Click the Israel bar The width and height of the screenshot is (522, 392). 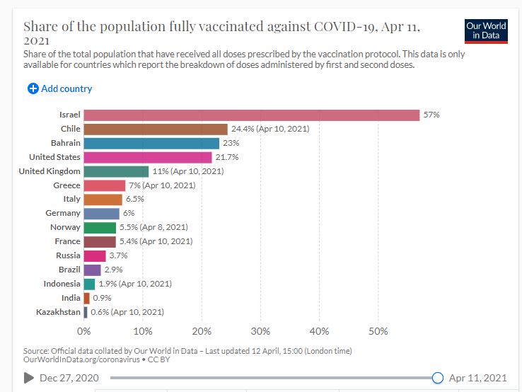point(251,115)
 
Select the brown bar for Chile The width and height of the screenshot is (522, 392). point(156,129)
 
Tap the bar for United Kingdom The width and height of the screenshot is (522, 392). point(116,171)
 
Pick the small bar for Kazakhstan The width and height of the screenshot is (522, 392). point(86,312)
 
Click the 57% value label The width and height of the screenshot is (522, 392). point(431,115)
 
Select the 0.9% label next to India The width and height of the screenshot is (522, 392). point(102,298)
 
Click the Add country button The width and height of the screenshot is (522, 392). point(60,88)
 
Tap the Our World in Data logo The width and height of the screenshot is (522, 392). point(486,30)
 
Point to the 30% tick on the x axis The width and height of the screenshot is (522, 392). point(260,331)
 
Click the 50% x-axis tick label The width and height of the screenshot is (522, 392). point(378,331)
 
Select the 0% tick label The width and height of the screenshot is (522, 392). point(84,331)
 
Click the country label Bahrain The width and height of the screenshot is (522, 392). point(66,143)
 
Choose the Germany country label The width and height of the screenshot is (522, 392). point(64,213)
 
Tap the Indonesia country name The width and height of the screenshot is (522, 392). point(62,284)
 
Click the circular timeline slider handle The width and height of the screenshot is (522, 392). point(437,378)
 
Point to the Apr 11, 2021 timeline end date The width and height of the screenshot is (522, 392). point(477,378)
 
